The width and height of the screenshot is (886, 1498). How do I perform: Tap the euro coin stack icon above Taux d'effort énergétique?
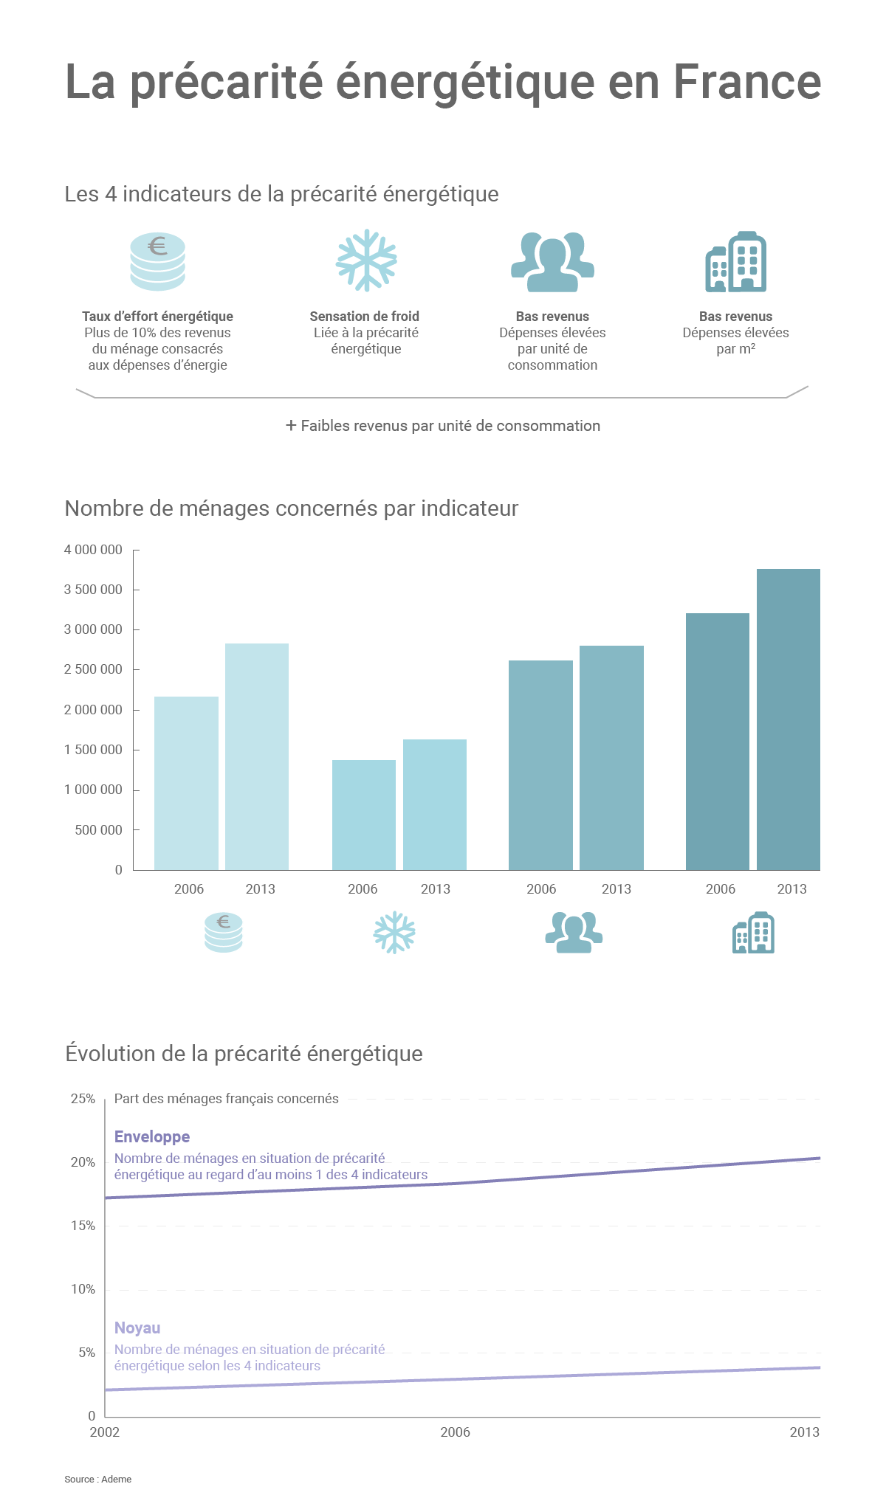point(157,261)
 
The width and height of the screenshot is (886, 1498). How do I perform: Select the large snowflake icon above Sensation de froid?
point(366,260)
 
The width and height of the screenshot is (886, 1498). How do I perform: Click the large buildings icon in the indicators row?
point(735,262)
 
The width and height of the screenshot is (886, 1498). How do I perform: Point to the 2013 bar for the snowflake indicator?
point(435,804)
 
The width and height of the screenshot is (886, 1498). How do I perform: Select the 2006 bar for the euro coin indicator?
point(186,783)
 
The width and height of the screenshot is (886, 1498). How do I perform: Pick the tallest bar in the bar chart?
point(788,719)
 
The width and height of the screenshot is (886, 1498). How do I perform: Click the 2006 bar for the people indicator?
point(540,765)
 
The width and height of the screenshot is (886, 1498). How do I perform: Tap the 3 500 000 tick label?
point(93,590)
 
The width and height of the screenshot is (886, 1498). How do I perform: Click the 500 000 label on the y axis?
point(98,830)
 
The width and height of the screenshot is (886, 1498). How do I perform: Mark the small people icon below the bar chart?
point(574,933)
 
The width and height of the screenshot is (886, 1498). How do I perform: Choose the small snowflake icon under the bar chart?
point(394,933)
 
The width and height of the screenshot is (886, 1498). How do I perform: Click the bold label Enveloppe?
point(152,1137)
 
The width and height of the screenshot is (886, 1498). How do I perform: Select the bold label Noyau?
point(137,1328)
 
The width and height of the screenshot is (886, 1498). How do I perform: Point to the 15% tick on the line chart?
point(83,1226)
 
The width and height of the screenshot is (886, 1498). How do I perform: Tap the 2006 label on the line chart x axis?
point(455,1432)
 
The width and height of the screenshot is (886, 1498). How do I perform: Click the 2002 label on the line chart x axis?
point(105,1432)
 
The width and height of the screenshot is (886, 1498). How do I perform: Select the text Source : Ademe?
point(97,1479)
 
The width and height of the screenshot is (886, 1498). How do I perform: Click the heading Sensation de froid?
point(365,317)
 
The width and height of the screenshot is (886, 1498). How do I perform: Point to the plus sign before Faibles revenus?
point(292,426)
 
